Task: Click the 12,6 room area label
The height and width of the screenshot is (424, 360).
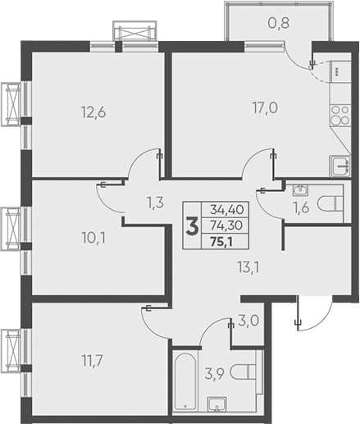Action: pos(93,112)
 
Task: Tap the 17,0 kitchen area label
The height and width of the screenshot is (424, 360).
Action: pos(265,107)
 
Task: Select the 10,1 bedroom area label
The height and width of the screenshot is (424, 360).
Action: pos(93,238)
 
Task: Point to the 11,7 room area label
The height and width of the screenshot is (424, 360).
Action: pos(93,361)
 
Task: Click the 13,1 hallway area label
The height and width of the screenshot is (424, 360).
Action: pos(248,267)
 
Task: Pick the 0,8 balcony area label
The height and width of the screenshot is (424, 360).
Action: pos(279,23)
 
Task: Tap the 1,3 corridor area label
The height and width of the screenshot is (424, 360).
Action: pos(155,203)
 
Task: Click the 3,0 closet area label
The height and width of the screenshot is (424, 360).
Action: pos(248,321)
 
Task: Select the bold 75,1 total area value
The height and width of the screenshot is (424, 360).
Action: pos(221,242)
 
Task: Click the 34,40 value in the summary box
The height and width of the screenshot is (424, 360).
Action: pos(226,210)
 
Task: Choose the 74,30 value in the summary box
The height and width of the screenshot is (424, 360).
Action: pos(226,226)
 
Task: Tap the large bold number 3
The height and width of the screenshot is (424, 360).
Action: pos(192,226)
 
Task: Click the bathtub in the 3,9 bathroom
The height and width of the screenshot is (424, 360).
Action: pos(185,381)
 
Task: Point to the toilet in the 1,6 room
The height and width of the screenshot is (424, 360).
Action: pos(330,203)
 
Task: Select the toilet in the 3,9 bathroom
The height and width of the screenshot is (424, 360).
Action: pos(244,372)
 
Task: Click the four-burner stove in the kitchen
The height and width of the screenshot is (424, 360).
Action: pos(340,115)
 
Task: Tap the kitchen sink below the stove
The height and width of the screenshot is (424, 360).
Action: pos(340,166)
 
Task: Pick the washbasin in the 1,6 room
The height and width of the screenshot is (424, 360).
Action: pos(300,190)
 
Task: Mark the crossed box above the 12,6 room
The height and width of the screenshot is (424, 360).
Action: pos(134,32)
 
